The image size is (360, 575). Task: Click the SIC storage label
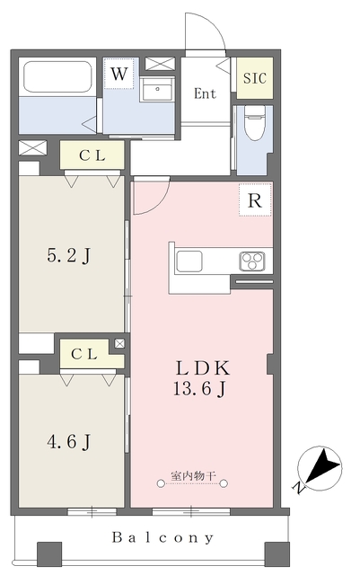255,78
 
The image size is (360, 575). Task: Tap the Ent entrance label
205,93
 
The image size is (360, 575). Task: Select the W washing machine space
119,74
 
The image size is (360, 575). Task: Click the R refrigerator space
255,199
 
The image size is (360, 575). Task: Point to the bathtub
57,77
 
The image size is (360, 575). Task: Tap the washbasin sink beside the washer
157,90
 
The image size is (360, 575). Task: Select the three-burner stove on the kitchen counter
252,261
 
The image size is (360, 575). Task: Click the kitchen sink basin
189,261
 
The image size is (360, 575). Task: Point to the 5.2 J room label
68,255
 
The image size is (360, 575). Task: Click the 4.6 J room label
68,442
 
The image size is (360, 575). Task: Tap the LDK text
203,367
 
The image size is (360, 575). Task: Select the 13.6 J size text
199,388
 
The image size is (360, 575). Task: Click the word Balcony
162,537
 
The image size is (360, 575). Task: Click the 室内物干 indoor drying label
193,476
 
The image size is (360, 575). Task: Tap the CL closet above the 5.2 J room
92,155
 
